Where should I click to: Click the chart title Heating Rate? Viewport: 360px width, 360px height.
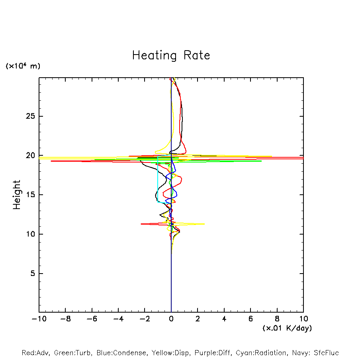[171, 55]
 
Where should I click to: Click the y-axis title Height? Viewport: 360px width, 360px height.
[17, 195]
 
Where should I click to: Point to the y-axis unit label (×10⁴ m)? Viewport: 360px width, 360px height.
[23, 66]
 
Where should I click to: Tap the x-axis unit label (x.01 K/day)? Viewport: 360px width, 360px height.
[287, 328]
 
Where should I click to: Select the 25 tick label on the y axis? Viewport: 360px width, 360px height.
[29, 116]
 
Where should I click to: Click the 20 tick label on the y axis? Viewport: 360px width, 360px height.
[29, 156]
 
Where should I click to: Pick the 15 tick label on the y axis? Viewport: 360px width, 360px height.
[29, 195]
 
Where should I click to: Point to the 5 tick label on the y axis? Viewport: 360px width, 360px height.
[31, 274]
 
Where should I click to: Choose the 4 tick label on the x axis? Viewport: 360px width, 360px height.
[224, 319]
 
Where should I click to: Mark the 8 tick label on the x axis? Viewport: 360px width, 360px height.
[277, 319]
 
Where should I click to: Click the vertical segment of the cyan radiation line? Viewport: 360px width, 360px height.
[158, 179]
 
